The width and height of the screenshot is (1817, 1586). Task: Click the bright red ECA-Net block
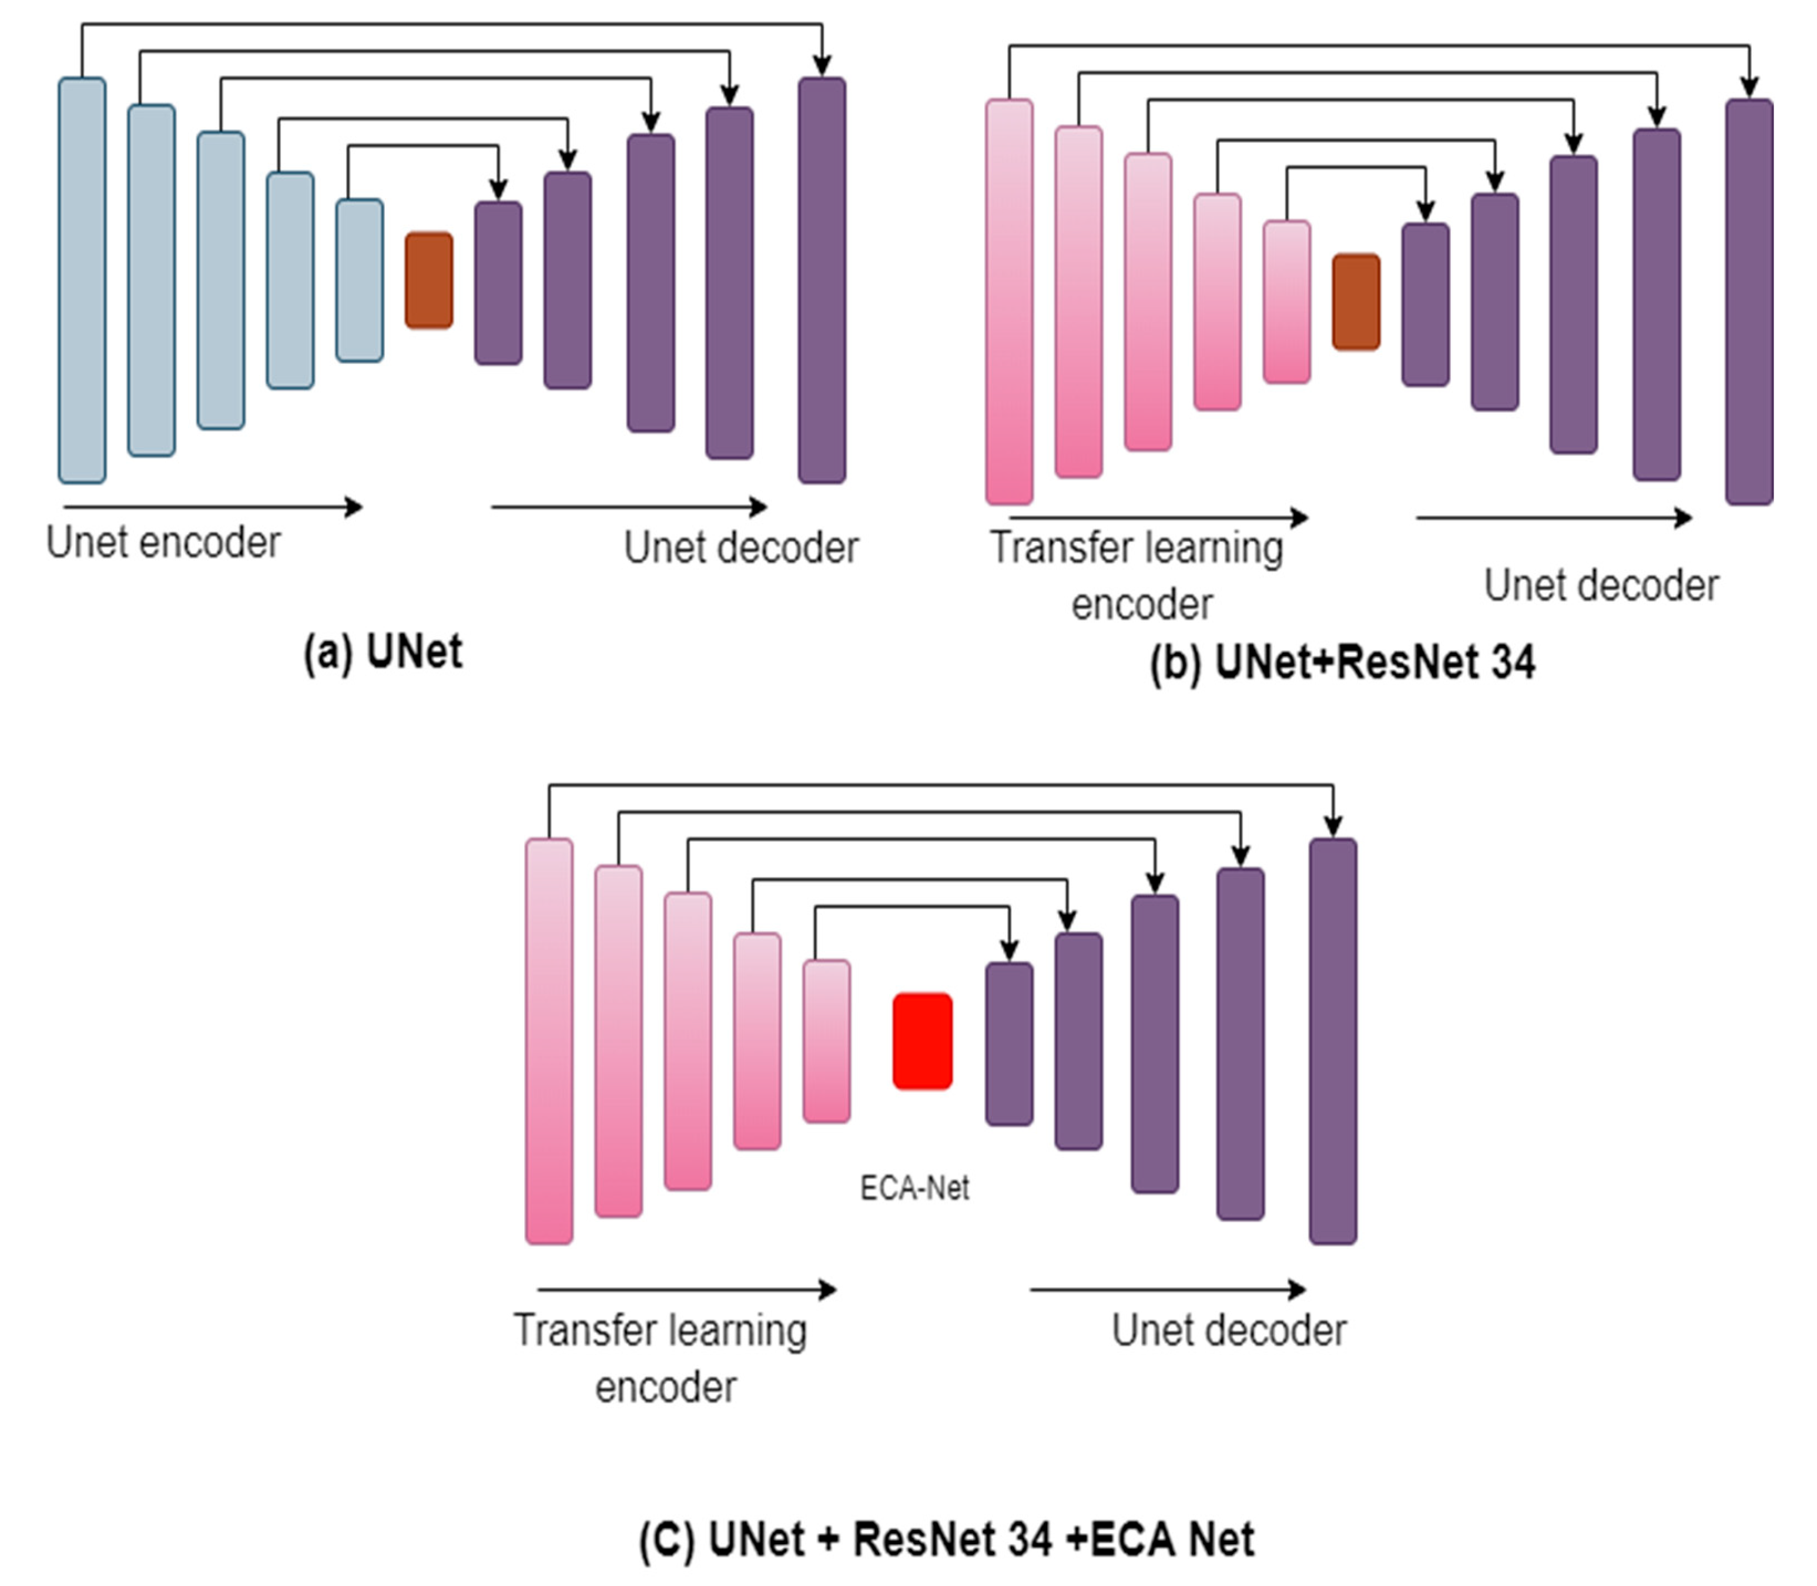click(x=922, y=1041)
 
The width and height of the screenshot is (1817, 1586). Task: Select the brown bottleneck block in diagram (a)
click(x=429, y=280)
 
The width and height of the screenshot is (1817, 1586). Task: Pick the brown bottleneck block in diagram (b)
click(x=1355, y=302)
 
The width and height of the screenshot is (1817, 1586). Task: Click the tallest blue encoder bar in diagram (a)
click(x=82, y=280)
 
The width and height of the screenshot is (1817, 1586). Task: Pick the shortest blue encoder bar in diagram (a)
click(x=359, y=280)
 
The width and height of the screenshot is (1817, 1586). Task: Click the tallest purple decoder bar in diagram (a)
click(x=822, y=280)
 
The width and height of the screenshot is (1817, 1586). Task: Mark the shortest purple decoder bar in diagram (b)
click(x=1425, y=305)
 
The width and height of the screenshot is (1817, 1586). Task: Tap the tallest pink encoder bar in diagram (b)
click(x=1010, y=302)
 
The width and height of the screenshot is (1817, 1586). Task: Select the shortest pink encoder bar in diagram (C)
click(x=826, y=1042)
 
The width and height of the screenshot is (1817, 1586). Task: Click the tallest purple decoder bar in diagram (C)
click(x=1332, y=1042)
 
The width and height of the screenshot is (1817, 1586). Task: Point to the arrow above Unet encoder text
click(x=212, y=507)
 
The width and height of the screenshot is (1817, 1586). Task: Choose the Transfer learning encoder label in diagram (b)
click(x=1137, y=575)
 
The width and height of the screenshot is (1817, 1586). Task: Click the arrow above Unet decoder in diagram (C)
click(x=1167, y=1290)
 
